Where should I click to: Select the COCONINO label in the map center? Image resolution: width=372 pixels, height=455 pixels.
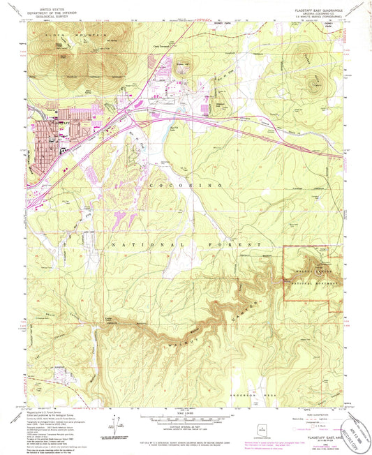185,184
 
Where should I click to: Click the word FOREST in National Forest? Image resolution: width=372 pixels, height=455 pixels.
241,245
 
